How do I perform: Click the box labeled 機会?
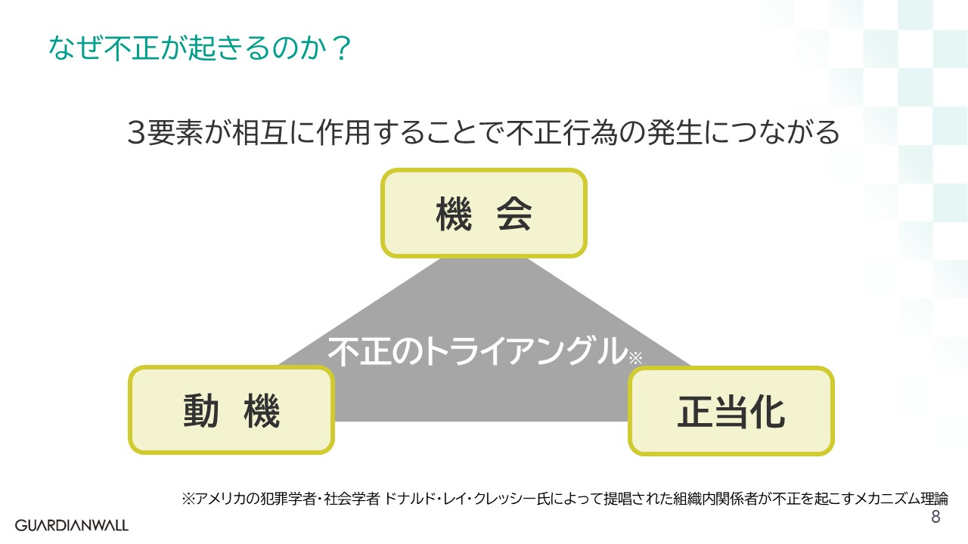click(484, 213)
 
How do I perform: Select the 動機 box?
click(231, 410)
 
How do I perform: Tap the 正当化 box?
click(731, 411)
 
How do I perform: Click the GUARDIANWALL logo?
click(72, 524)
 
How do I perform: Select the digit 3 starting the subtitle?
click(137, 133)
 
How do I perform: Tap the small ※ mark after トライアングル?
click(635, 358)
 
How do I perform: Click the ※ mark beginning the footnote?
click(188, 499)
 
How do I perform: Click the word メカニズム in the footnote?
click(877, 499)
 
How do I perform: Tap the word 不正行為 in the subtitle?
click(564, 133)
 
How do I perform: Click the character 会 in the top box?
click(513, 214)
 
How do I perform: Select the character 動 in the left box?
click(201, 411)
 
